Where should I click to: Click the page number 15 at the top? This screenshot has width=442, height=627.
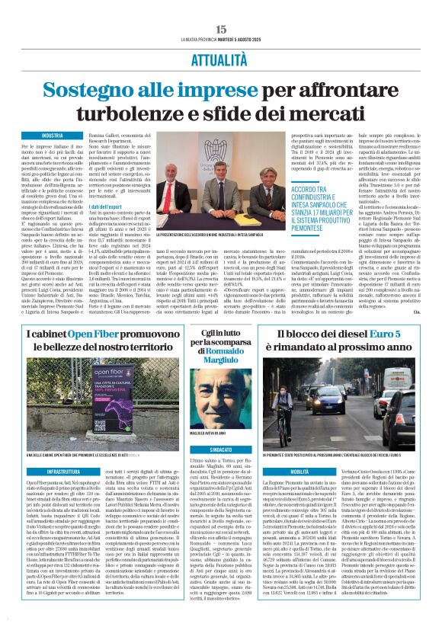(221, 29)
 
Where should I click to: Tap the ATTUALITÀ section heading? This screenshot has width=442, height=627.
(221, 57)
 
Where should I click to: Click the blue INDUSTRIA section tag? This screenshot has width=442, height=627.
(52, 136)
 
